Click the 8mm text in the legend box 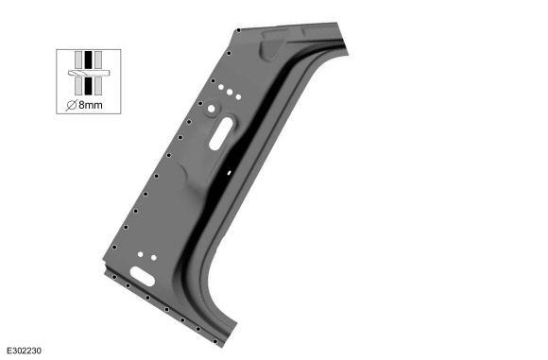pos(91,105)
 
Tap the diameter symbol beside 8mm pos(72,105)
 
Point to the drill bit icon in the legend pos(89,73)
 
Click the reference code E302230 pos(24,351)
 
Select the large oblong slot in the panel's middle pos(221,133)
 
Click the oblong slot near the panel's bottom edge pos(143,276)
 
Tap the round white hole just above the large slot pos(211,109)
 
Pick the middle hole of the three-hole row pos(230,92)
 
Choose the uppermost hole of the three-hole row pos(221,87)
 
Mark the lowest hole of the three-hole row pos(238,96)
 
